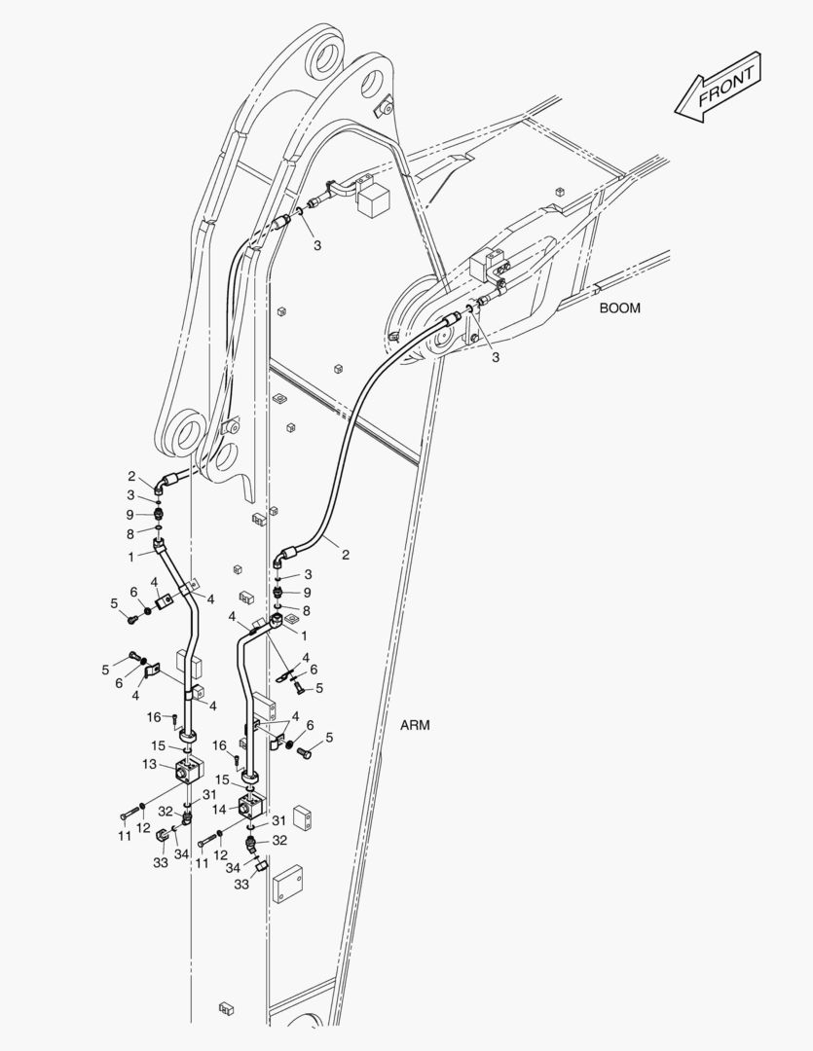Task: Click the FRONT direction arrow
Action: [719, 89]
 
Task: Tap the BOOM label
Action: [619, 308]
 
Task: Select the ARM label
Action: [415, 725]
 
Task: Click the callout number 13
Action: [149, 764]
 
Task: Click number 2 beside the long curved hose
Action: [345, 555]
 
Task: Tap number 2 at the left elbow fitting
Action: [130, 476]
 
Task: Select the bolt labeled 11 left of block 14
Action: [206, 841]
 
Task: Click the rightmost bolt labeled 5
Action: [304, 751]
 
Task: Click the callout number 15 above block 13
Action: [158, 745]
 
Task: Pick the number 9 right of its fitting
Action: [307, 593]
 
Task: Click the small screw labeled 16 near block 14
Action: [239, 759]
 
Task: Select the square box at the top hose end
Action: [375, 200]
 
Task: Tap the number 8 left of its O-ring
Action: [130, 533]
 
